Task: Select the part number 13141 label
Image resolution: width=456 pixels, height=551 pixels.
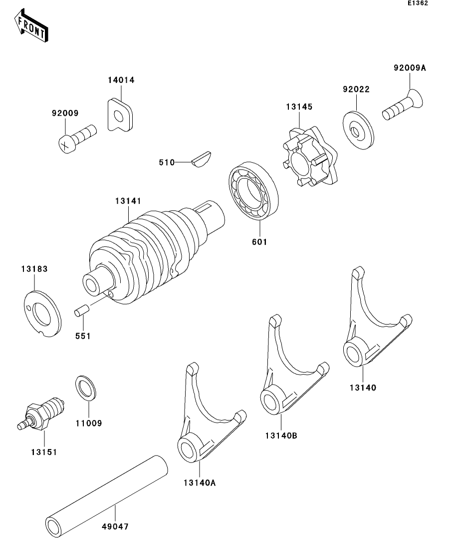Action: [128, 201]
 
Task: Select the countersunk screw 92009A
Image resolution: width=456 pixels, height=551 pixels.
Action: [404, 105]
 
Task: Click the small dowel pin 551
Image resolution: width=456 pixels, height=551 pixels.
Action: [81, 311]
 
